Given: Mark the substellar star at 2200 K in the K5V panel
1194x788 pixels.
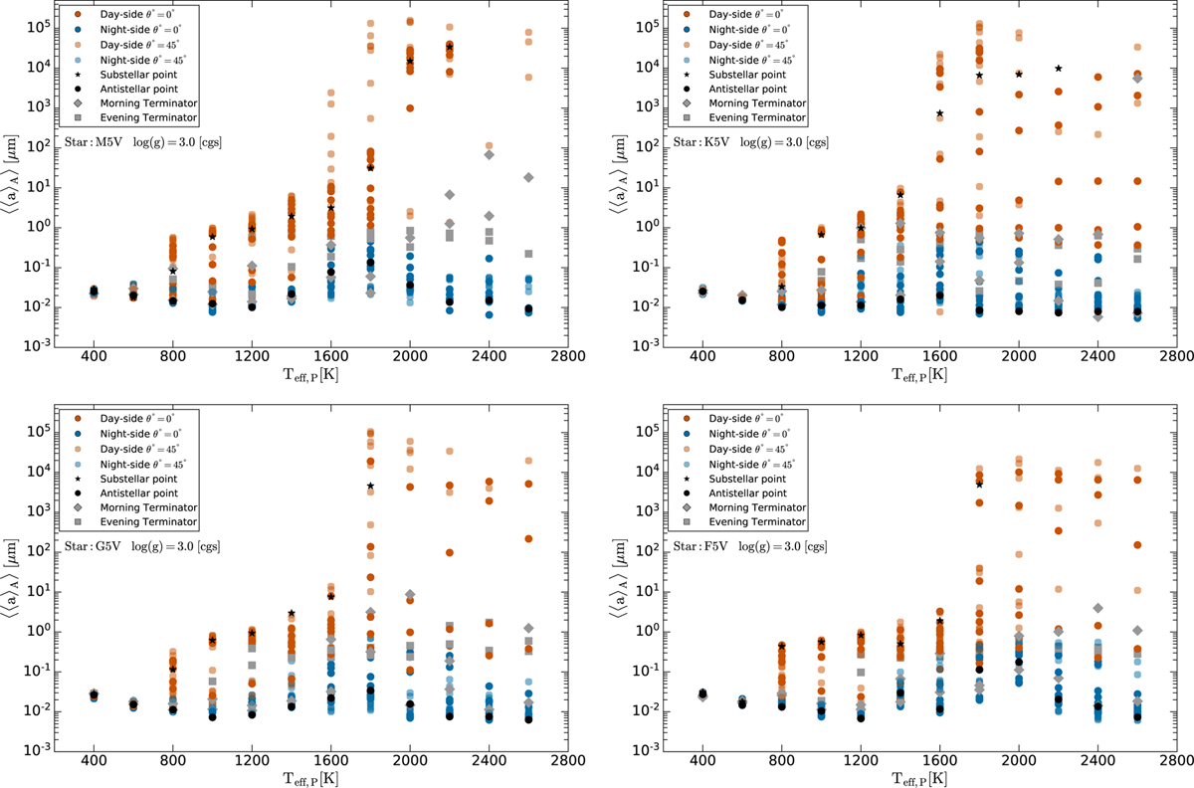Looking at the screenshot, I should [x=1058, y=69].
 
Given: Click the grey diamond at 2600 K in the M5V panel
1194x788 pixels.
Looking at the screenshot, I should [x=528, y=177].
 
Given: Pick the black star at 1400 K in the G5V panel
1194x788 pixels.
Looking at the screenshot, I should [x=292, y=614].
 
